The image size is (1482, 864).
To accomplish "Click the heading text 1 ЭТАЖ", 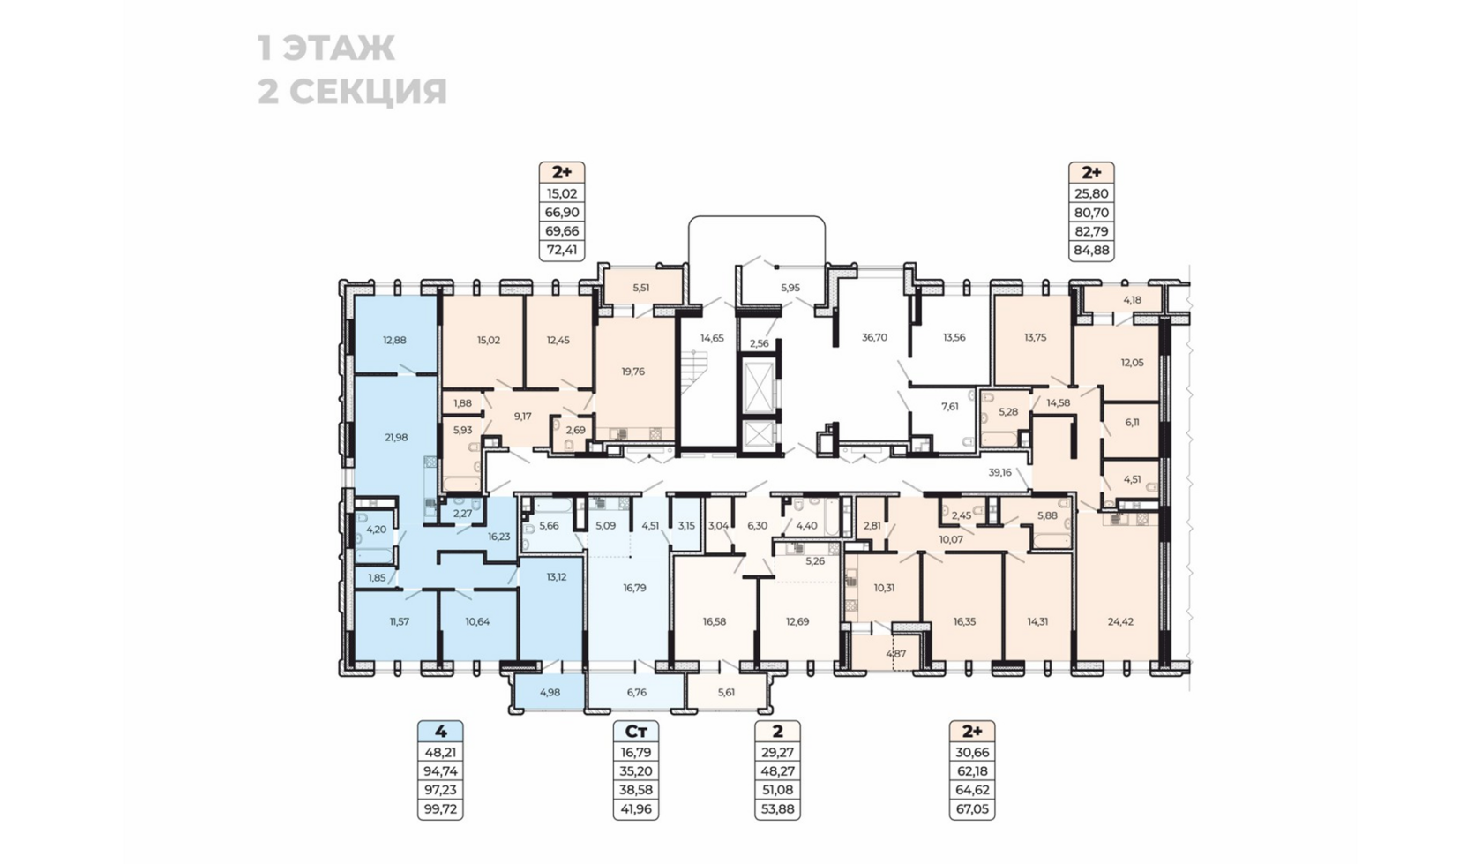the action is point(326,49).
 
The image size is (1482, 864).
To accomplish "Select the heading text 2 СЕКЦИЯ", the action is point(352,92).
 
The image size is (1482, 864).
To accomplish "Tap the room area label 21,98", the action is point(396,437).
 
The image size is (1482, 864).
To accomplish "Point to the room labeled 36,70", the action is point(874,337).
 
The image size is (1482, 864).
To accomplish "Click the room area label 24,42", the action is point(1120,621).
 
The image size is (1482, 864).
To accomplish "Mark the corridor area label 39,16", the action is point(999,472).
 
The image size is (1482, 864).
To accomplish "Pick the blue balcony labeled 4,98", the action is point(549,692).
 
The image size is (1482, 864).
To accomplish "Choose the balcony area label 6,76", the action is point(636,692).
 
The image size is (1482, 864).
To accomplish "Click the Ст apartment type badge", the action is point(636,732).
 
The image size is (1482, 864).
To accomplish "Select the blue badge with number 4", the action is point(440,732).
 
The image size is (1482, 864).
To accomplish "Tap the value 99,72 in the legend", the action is point(440,808).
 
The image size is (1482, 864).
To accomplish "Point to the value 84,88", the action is point(1091,250).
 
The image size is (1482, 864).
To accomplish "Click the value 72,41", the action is point(562,250).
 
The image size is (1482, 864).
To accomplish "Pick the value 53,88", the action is point(777,808).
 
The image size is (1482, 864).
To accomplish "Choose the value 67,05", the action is point(972,808).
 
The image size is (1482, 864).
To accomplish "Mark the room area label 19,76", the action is point(632,372).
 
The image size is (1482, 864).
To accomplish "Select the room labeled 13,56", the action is point(954,337).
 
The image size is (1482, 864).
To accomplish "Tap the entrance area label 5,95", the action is point(790,288).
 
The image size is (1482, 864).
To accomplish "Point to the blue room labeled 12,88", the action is point(394,340).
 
